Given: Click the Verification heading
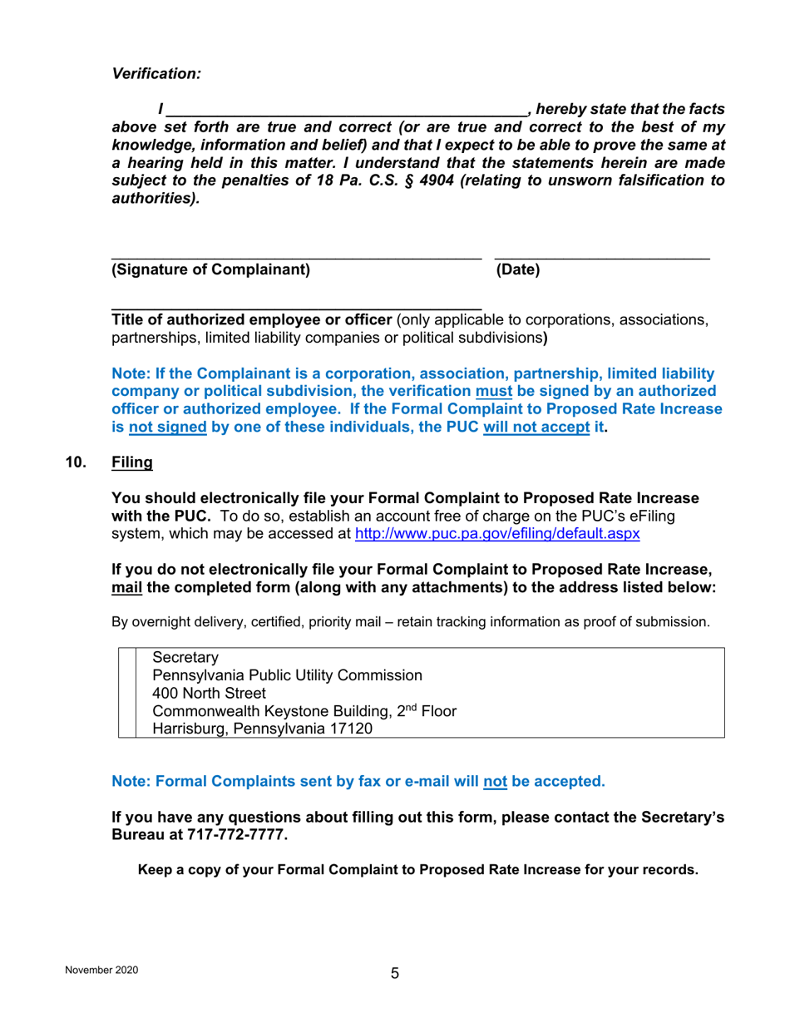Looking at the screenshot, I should click(156, 74).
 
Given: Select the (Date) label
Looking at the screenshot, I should click(517, 269).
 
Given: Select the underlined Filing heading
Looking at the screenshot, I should click(132, 462).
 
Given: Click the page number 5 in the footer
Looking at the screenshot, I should click(395, 974).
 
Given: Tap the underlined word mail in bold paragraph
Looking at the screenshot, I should click(127, 587).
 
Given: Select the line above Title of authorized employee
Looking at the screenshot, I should click(296, 309).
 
